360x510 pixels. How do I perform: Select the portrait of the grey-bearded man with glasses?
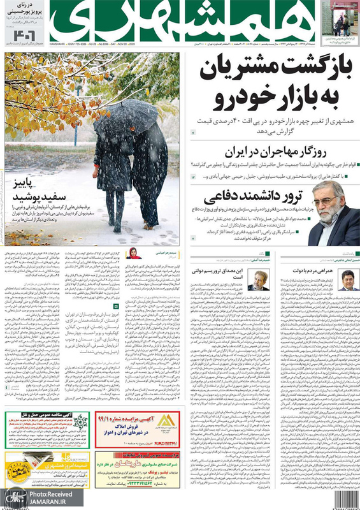334,214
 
